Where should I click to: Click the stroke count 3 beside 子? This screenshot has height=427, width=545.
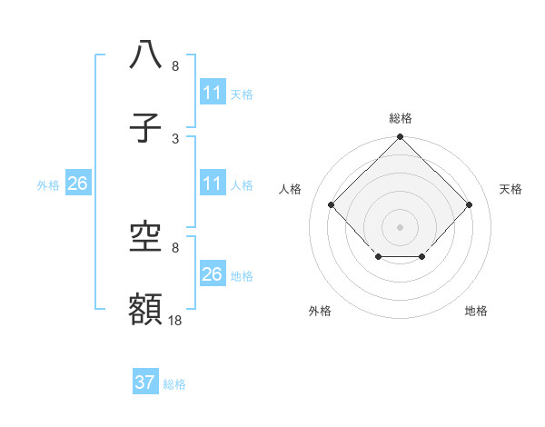coord(175,139)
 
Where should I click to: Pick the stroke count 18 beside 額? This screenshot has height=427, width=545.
coord(175,321)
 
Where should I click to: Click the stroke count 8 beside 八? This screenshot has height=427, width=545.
coord(175,66)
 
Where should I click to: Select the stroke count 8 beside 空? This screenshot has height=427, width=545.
coord(175,247)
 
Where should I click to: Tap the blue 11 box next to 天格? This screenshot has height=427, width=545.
coord(213,93)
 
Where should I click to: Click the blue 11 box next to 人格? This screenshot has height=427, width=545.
coord(213,184)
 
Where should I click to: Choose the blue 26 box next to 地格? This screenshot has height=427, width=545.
coord(213,274)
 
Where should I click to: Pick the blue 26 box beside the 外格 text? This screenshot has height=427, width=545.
coord(78,184)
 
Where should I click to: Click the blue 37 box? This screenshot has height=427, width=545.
coord(145,382)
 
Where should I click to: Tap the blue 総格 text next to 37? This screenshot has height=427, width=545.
coord(174,384)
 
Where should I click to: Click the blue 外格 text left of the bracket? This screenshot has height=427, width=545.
coord(48,185)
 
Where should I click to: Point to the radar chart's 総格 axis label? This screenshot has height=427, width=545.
coord(401,119)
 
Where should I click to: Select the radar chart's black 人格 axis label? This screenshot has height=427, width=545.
coord(291,189)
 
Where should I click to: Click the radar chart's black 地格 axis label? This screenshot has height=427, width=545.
coord(476,312)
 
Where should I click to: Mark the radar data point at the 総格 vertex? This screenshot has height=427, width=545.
coord(401,138)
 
